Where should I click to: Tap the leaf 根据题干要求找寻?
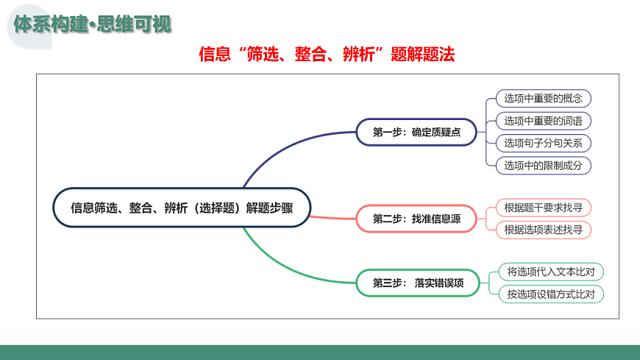(x=543, y=208)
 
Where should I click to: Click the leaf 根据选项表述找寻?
(x=543, y=230)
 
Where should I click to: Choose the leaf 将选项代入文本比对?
(x=551, y=272)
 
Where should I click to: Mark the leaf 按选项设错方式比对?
(x=551, y=294)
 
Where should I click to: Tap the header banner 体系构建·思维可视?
(x=93, y=24)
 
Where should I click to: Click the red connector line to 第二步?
(x=331, y=218)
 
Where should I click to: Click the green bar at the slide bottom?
(x=320, y=352)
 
